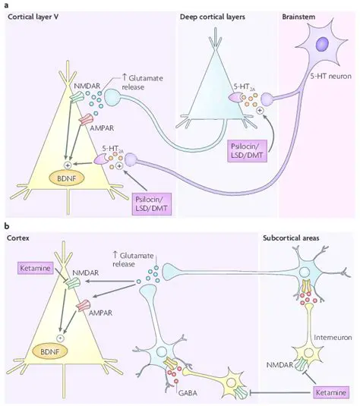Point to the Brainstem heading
tap(300, 16)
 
